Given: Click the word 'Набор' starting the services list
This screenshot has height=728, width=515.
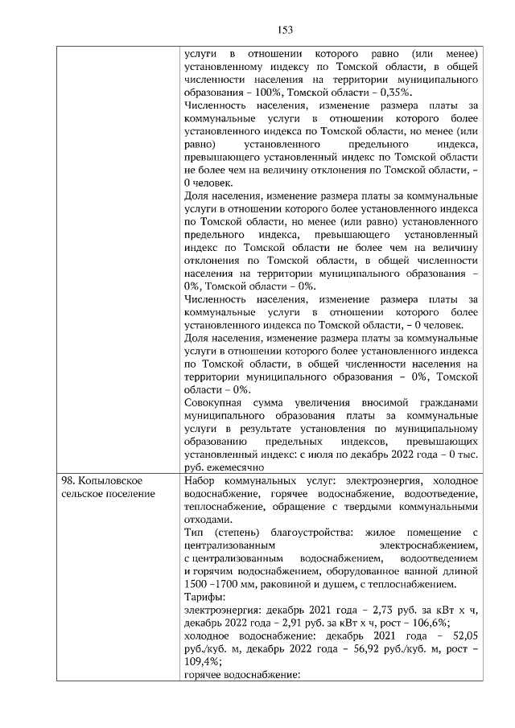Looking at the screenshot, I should point(199,480).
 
